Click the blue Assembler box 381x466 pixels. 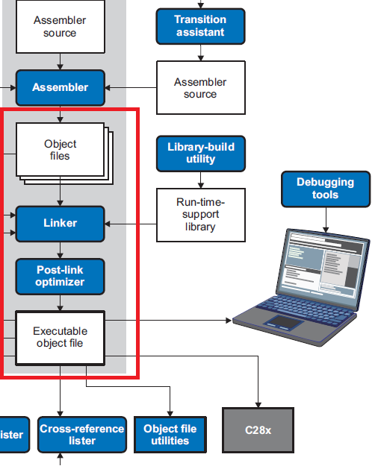[x=60, y=87]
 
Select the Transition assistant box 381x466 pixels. [x=199, y=26]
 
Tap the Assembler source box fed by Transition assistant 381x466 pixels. [x=199, y=88]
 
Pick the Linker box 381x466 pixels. [x=60, y=223]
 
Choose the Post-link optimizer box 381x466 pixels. [x=60, y=276]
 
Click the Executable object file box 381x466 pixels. [x=60, y=338]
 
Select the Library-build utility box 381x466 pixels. [x=199, y=153]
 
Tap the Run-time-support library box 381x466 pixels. [x=199, y=214]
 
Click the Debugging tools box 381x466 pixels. [x=325, y=189]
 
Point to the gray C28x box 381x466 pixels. [x=258, y=430]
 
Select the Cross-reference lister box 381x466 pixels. [x=82, y=435]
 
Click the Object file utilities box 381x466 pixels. [x=170, y=435]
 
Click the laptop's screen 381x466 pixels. [x=326, y=261]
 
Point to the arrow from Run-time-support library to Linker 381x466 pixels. [x=131, y=223]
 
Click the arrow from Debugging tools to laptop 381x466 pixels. [x=325, y=218]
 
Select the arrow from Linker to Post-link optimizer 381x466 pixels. [x=60, y=249]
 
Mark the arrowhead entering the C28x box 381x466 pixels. [x=258, y=403]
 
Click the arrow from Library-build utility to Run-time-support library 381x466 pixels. [x=199, y=180]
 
